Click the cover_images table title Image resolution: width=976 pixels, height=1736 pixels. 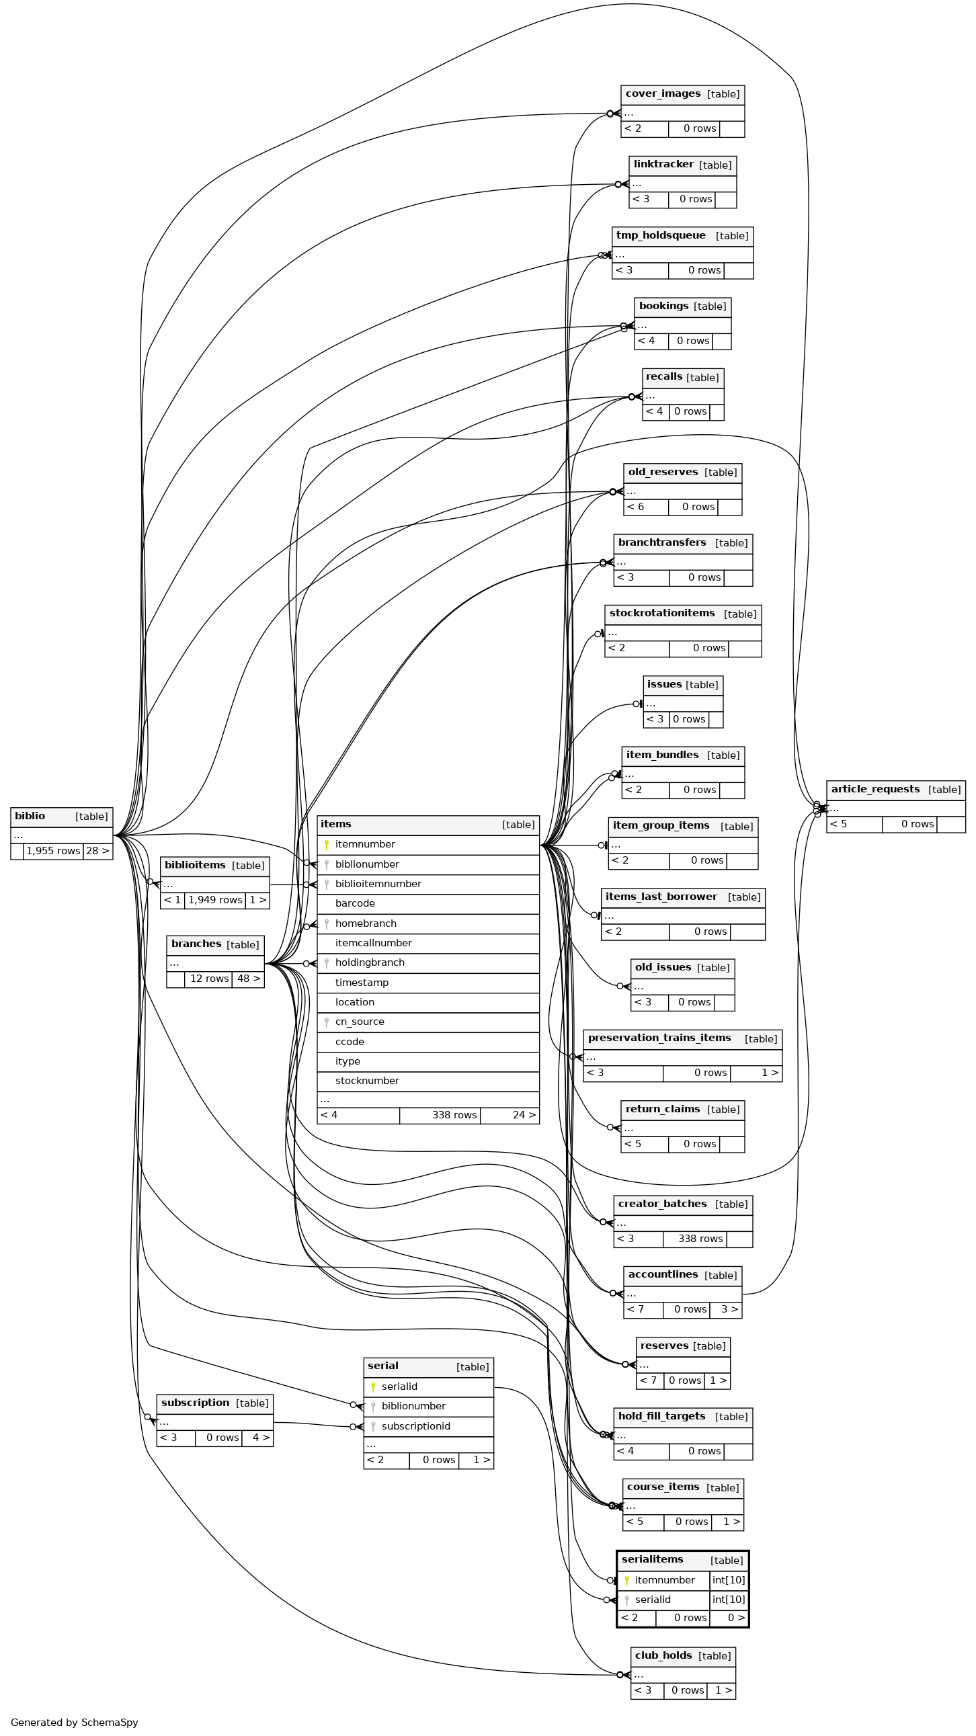tap(663, 94)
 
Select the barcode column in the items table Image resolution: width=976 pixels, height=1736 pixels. tap(354, 904)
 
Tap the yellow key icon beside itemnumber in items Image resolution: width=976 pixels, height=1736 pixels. tap(326, 845)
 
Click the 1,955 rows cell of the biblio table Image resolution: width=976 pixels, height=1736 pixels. tap(53, 851)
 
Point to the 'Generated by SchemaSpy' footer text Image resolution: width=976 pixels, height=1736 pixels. tap(74, 1723)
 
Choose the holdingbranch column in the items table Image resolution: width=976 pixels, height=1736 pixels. tap(370, 963)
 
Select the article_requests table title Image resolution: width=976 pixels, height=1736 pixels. tap(875, 789)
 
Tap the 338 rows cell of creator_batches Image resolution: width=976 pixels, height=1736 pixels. tap(700, 1239)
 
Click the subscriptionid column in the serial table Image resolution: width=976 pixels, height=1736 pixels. tap(415, 1426)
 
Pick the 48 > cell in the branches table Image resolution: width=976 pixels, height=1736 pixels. tap(248, 979)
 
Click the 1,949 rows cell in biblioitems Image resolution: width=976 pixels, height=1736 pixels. tap(215, 901)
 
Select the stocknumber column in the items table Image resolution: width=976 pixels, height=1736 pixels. tap(367, 1081)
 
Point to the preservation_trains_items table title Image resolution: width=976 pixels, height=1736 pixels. tap(659, 1038)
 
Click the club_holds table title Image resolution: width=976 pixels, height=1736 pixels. tap(663, 1656)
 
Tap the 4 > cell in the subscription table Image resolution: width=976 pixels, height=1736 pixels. tap(257, 1438)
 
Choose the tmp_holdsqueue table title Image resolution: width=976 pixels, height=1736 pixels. tap(661, 236)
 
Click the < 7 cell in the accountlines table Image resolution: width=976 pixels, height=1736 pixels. tap(635, 1309)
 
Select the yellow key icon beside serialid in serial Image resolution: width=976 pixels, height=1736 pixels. tap(373, 1387)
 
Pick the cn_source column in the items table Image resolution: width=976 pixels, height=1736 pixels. tap(359, 1022)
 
